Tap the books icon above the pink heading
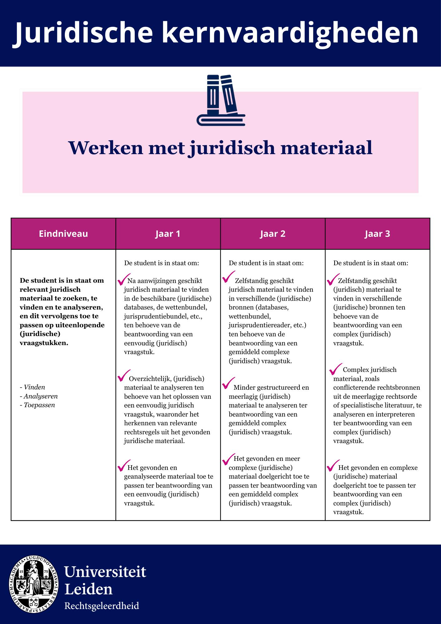[221, 100]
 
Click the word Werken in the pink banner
[105, 148]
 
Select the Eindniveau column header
[63, 234]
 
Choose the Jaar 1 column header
[168, 234]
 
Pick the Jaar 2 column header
[273, 234]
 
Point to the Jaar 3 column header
[377, 234]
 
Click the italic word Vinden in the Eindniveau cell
[34, 387]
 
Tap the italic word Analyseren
[41, 396]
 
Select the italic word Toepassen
[39, 405]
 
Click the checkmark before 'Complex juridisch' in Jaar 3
[336, 369]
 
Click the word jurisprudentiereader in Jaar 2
[261, 325]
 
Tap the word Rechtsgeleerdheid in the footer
[102, 606]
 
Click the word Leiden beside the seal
[88, 589]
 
